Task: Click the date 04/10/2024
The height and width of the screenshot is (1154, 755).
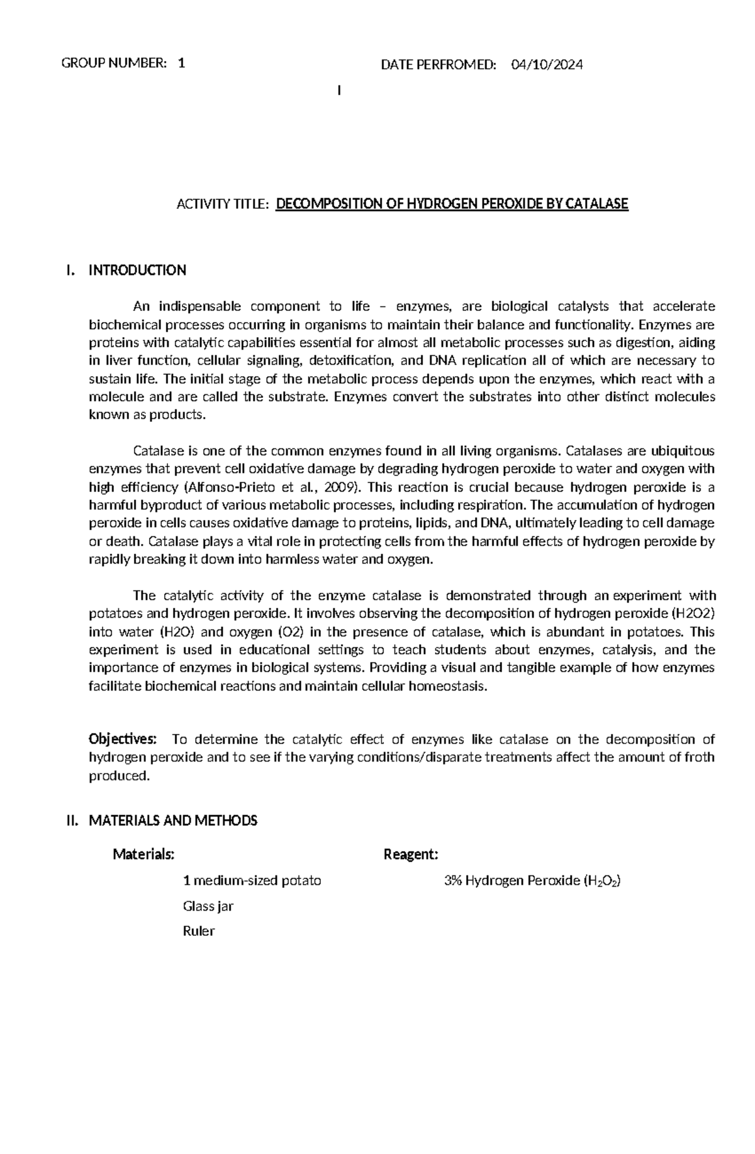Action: pos(547,64)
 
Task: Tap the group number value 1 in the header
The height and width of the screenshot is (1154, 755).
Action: pos(181,63)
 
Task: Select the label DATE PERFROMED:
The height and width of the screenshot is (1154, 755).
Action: pos(439,64)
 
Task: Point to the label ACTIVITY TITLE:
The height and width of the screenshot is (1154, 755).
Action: pos(223,204)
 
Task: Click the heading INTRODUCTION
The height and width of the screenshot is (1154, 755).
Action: pos(137,270)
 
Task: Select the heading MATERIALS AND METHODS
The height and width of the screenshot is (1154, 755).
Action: pos(173,821)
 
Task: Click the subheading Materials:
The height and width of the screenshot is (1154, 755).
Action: pos(143,854)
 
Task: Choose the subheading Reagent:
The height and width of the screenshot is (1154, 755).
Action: pos(410,854)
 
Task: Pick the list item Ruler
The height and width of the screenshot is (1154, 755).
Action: pos(199,931)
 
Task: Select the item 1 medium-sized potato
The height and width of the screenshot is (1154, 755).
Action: pos(252,880)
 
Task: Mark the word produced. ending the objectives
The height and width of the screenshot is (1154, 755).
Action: pos(120,776)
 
